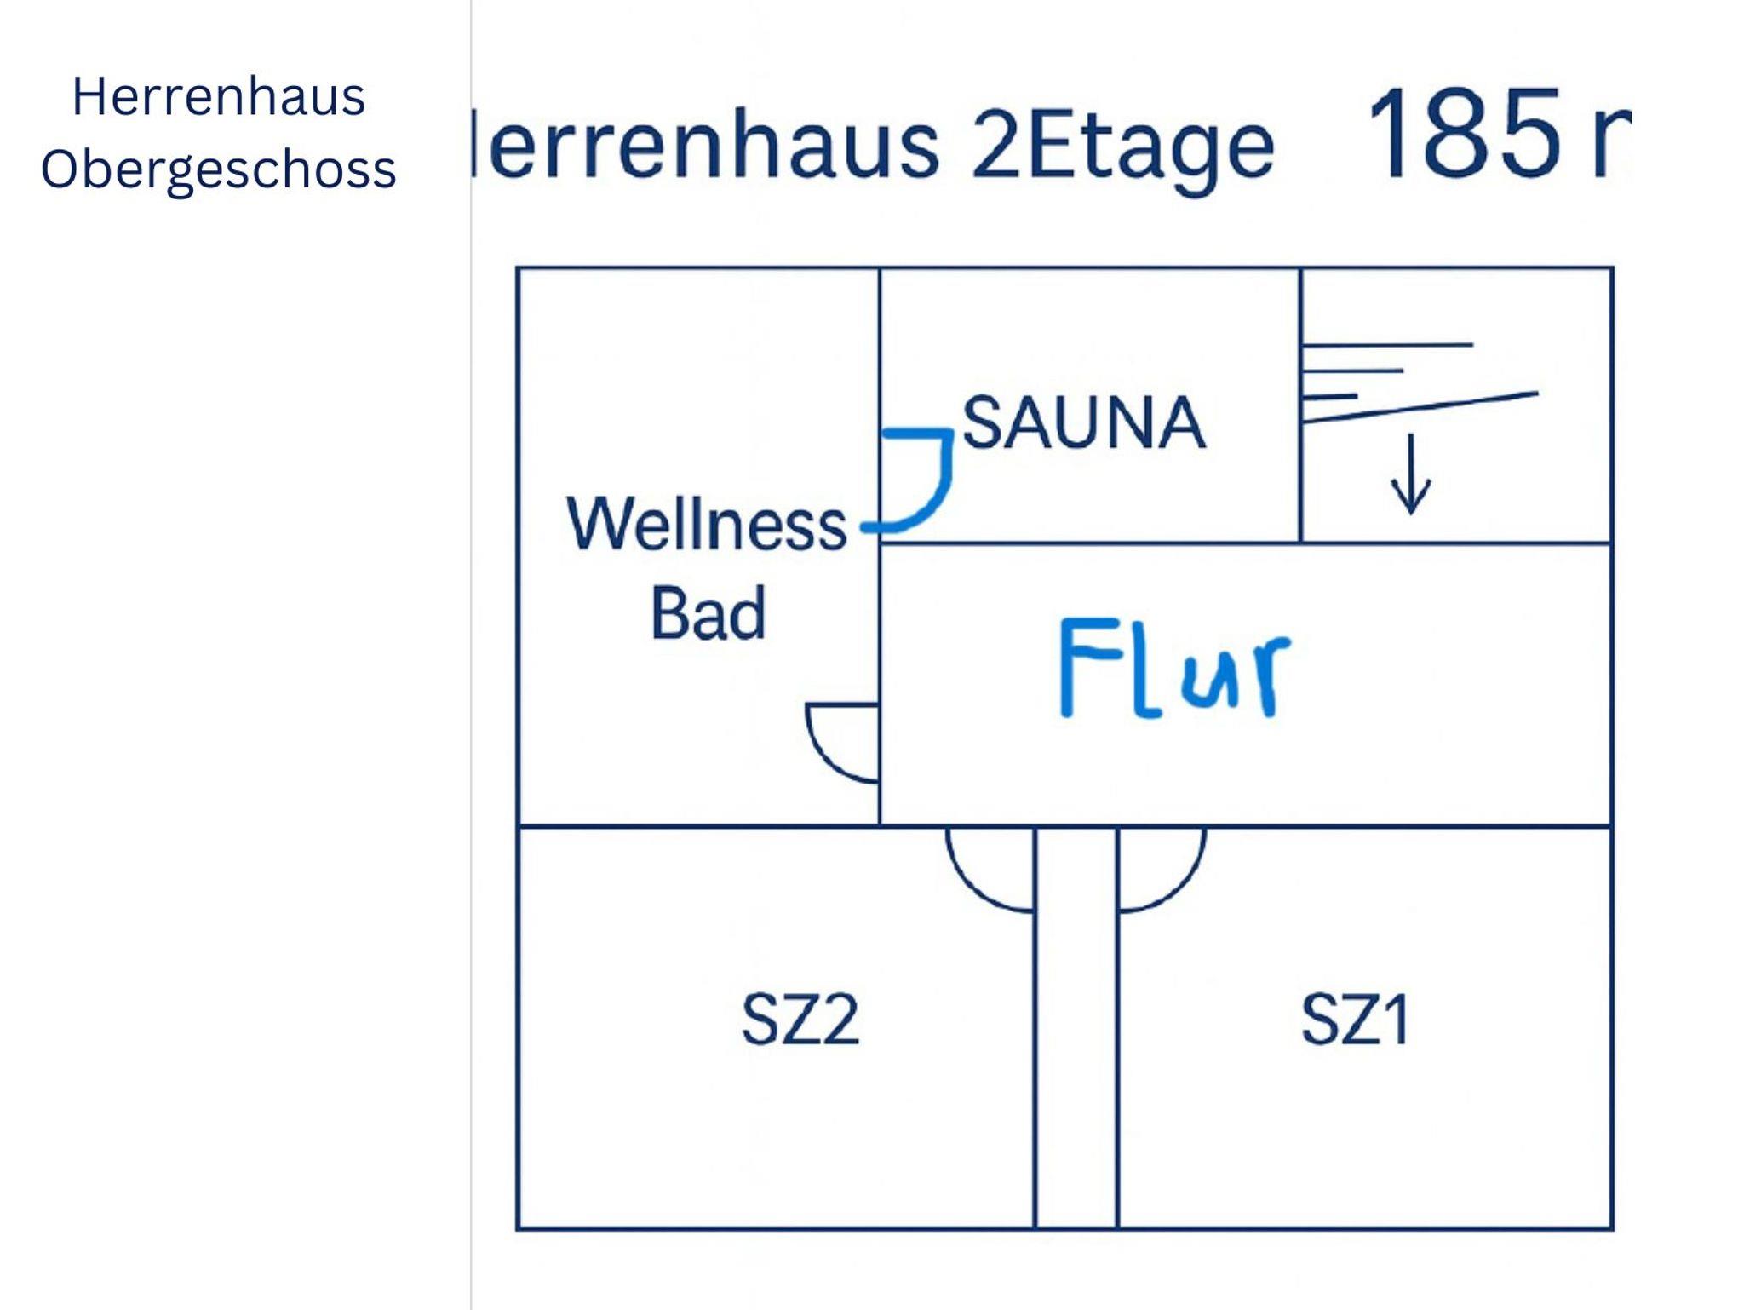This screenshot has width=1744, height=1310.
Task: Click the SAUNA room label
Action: (x=1083, y=423)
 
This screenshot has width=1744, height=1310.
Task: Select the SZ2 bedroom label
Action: (x=800, y=1020)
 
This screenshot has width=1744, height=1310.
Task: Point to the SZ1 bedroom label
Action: (x=1355, y=1020)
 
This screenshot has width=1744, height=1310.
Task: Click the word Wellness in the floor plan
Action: (x=706, y=524)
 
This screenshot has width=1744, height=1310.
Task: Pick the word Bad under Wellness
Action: (x=708, y=613)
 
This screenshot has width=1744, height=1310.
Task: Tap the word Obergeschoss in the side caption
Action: (x=219, y=169)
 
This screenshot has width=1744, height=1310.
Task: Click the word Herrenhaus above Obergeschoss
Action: (x=219, y=97)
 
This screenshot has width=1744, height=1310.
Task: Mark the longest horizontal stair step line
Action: (x=1388, y=345)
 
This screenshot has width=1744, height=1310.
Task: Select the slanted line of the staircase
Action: (x=1420, y=407)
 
